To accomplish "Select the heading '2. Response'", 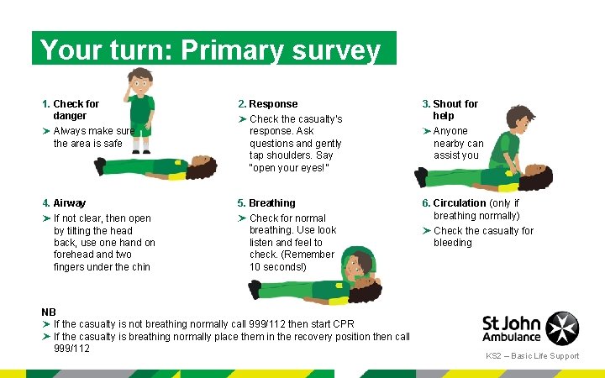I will tap(267, 104).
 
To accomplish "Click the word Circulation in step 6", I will tap(459, 203).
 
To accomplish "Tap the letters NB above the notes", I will tap(49, 312).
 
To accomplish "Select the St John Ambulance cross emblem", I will tap(562, 328).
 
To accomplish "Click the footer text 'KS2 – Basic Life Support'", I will tap(532, 356).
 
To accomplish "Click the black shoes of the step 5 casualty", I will tap(255, 289).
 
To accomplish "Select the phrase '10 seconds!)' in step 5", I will tap(278, 267).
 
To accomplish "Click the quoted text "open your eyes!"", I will tap(289, 167).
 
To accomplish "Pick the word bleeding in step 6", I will tap(452, 243).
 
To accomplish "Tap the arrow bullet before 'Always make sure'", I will tap(46, 131).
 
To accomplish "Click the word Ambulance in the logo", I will tap(512, 337).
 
